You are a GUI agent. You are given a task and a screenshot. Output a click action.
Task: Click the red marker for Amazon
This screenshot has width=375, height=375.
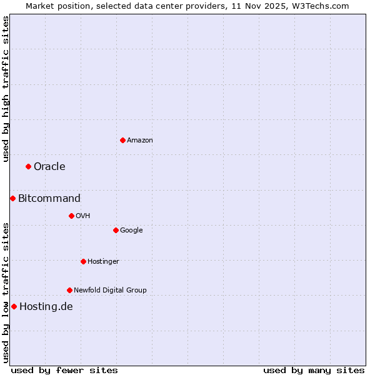(x=122, y=140)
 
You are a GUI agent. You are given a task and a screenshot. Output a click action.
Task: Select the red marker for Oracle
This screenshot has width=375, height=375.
(x=28, y=166)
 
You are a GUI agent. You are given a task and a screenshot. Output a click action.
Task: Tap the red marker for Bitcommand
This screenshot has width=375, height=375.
(x=12, y=198)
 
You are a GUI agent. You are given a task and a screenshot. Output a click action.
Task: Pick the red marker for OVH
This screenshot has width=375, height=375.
(x=71, y=216)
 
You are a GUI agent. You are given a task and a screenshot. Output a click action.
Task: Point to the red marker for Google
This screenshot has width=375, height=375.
(x=116, y=230)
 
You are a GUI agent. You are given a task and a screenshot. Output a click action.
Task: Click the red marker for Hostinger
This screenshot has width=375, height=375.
(x=83, y=261)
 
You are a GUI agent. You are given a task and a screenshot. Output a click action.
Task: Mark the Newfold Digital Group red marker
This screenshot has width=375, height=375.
(x=69, y=290)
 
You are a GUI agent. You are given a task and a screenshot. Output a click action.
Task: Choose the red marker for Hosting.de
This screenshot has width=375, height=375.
(x=14, y=306)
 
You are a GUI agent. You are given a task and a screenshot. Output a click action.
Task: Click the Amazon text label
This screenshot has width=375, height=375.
(x=140, y=140)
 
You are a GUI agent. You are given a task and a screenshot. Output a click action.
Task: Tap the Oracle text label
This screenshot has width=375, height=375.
(x=49, y=166)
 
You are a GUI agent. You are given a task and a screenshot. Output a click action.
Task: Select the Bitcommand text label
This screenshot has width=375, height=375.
(x=49, y=198)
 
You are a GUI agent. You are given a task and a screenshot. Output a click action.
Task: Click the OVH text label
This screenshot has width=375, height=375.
(x=83, y=216)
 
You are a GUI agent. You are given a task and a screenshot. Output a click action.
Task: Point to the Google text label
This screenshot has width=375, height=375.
(x=131, y=230)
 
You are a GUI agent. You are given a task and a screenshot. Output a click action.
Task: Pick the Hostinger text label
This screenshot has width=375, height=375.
(x=103, y=261)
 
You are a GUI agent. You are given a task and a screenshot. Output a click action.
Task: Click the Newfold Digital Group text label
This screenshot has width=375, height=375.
(x=110, y=290)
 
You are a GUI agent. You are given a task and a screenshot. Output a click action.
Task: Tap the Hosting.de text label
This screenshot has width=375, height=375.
(x=46, y=306)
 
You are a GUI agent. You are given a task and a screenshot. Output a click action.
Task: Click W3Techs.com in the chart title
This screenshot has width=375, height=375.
(x=319, y=6)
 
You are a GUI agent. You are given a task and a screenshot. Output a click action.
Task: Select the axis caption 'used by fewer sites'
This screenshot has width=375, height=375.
(x=64, y=370)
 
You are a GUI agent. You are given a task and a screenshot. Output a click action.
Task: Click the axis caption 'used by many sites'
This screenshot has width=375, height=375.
(x=314, y=370)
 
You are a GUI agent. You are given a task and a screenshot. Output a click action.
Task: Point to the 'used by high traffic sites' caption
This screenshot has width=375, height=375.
(x=6, y=89)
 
